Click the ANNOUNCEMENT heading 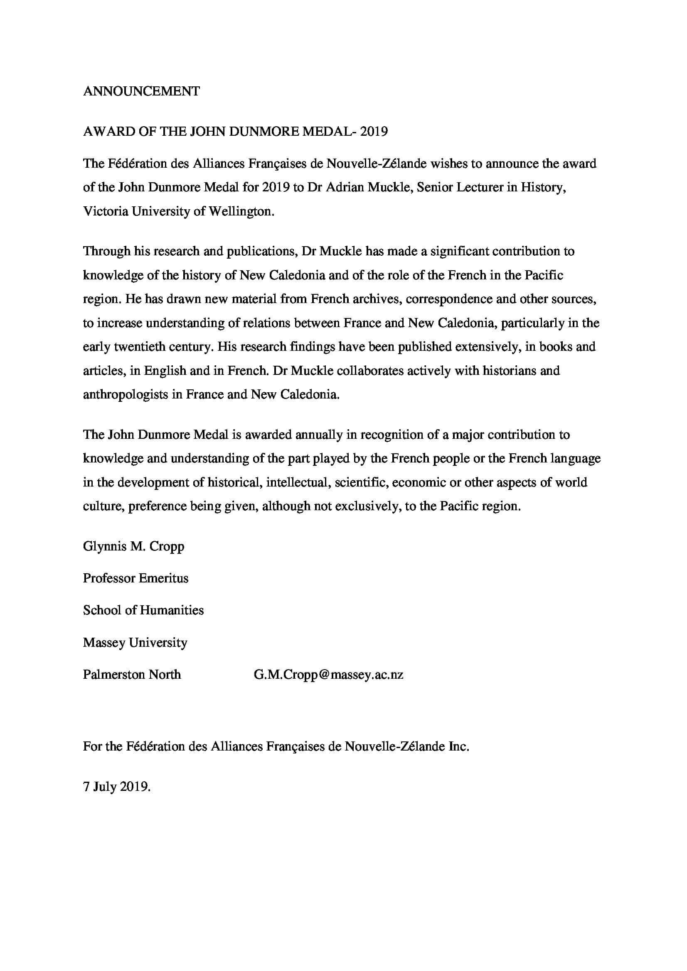point(141,91)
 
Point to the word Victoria point(106,211)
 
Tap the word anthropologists point(125,394)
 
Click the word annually point(319,435)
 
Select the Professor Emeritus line point(135,578)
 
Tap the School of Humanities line point(143,610)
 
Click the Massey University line point(135,642)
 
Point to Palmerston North point(132,675)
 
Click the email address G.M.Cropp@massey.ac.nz point(328,675)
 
